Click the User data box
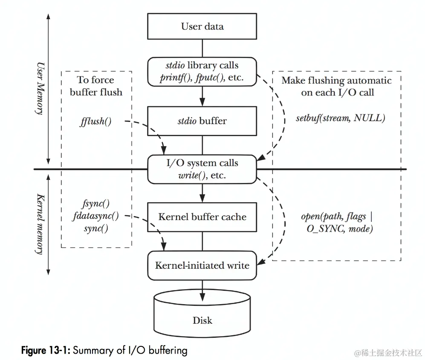(x=202, y=26)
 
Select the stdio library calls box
(x=202, y=72)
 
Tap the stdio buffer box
(x=202, y=121)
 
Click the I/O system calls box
(x=202, y=169)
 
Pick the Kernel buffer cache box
(x=202, y=217)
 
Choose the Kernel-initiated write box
(x=202, y=265)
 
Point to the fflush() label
(x=95, y=121)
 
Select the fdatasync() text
(x=96, y=216)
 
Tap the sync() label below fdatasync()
(x=96, y=228)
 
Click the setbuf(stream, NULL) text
(x=340, y=118)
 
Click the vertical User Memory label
(x=40, y=88)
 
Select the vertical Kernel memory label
(x=40, y=224)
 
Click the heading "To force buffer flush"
(x=96, y=86)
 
